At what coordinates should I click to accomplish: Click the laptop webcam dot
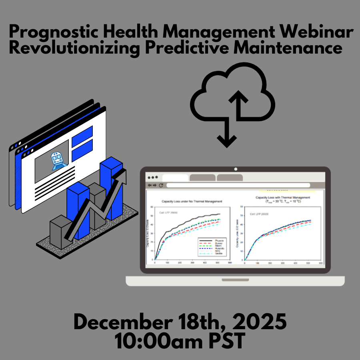[236, 170]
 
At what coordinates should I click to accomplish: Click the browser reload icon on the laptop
[161, 185]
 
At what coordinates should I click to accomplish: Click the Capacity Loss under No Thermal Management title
[192, 201]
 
